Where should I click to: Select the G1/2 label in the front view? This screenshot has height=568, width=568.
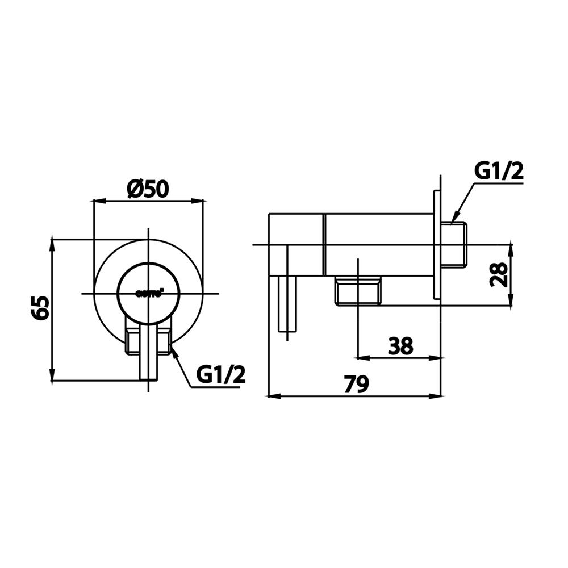(221, 374)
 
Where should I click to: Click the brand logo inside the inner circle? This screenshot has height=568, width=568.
(149, 294)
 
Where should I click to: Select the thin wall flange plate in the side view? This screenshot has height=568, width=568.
(437, 245)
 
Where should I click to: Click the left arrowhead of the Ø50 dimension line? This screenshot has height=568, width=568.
(97, 201)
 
